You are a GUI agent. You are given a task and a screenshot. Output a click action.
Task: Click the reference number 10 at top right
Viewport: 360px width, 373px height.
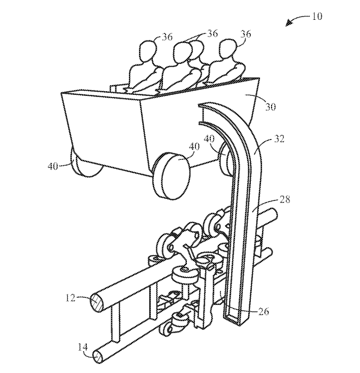pos(317,16)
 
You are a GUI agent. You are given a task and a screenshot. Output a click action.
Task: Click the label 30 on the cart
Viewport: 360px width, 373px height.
pos(271,106)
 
